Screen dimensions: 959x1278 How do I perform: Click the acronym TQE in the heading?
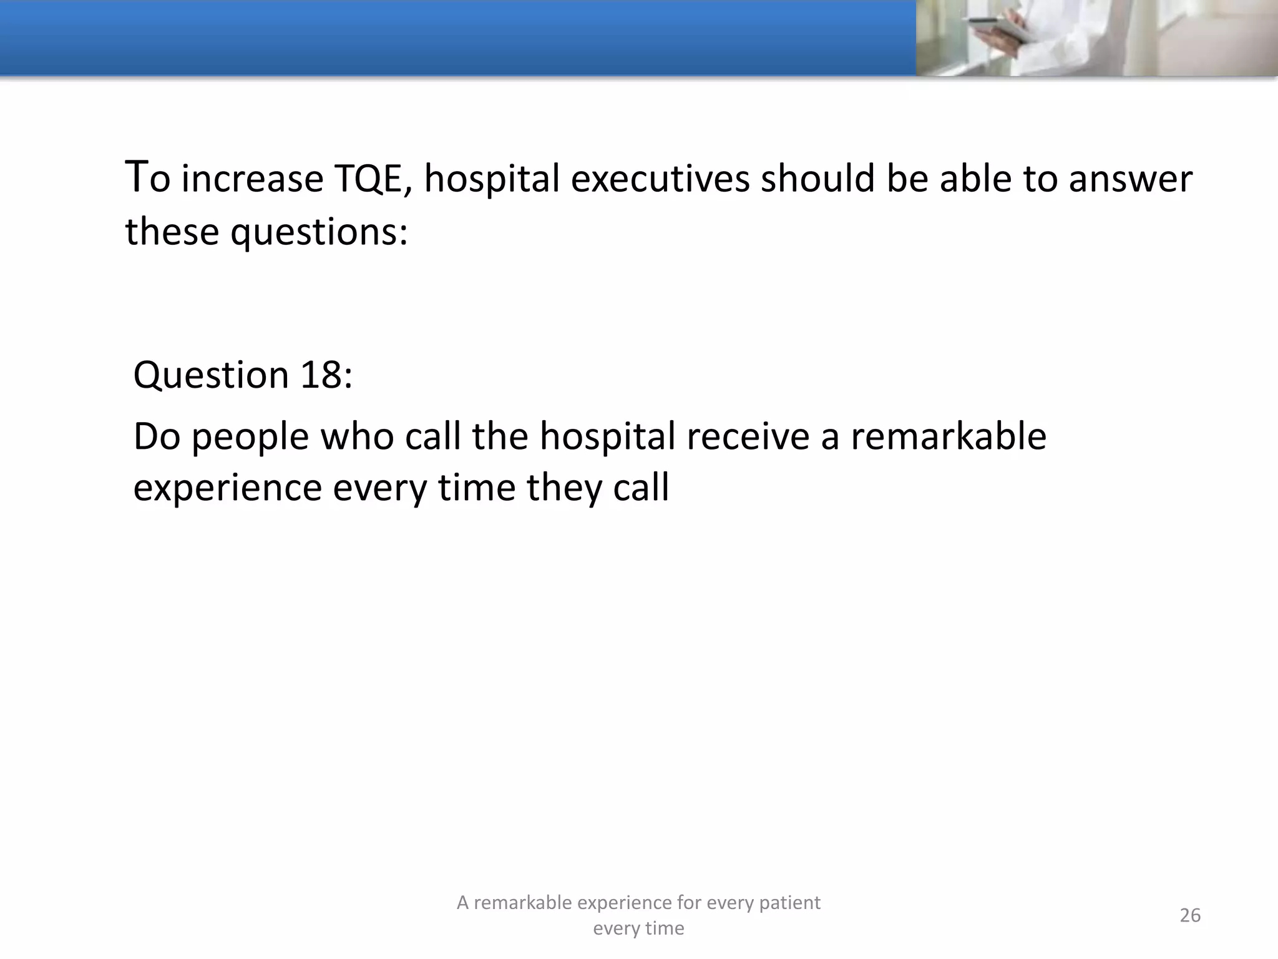(x=372, y=179)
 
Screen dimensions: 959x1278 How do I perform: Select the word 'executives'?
(x=660, y=179)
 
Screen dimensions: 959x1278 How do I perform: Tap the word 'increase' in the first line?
(x=252, y=179)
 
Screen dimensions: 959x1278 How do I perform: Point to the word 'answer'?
(x=1130, y=179)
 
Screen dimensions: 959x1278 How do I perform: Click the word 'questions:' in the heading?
(x=319, y=233)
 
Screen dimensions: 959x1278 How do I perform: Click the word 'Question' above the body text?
(x=211, y=375)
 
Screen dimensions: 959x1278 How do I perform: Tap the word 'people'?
(x=250, y=437)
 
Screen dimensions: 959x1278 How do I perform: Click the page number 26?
(x=1190, y=915)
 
